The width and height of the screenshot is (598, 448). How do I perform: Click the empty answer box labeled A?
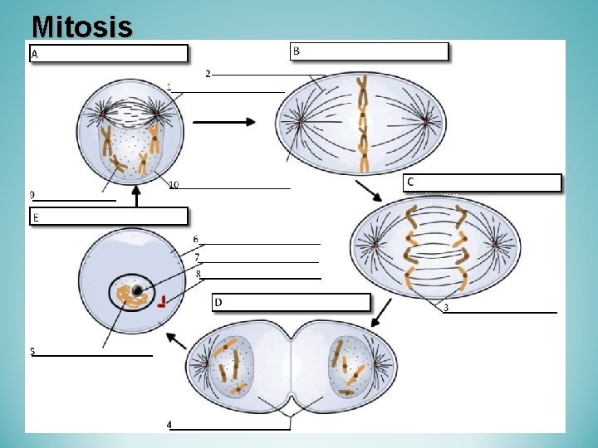click(x=109, y=54)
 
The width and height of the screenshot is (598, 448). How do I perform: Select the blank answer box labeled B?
click(x=369, y=51)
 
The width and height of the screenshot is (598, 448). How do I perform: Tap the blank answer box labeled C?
click(x=482, y=183)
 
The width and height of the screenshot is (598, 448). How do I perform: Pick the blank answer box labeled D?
click(x=291, y=302)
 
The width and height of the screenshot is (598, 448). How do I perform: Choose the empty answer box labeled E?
click(x=109, y=217)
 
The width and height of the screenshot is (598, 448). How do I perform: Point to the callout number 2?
click(x=208, y=74)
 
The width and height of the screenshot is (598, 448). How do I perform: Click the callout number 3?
click(x=446, y=308)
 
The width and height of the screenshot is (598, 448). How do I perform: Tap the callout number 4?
click(x=169, y=425)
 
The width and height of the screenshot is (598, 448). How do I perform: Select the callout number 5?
click(x=32, y=352)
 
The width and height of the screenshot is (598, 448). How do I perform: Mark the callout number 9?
click(x=32, y=195)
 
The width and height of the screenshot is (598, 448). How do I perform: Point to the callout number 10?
click(x=173, y=184)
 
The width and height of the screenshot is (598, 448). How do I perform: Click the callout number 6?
click(x=196, y=240)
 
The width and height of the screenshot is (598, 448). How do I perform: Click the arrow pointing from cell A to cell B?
click(x=223, y=122)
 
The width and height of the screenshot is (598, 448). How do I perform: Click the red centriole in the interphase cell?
click(x=164, y=301)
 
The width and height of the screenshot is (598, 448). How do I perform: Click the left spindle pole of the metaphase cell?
click(x=301, y=123)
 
